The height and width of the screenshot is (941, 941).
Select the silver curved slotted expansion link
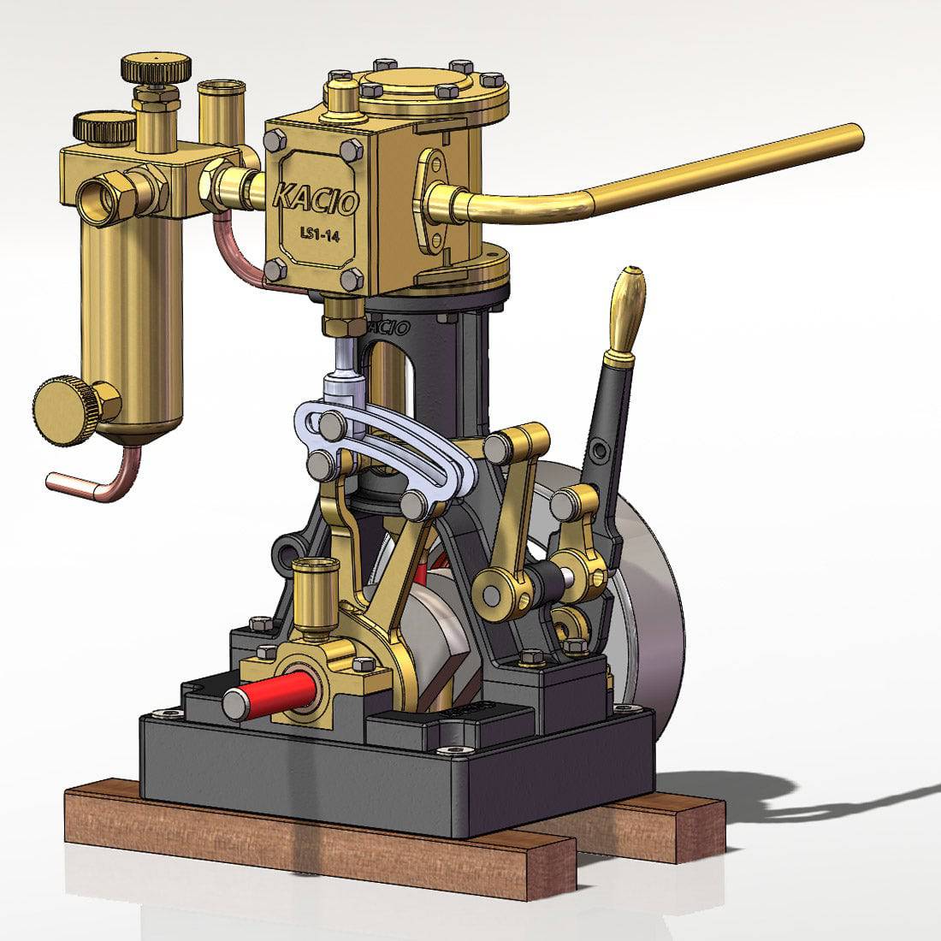(385, 445)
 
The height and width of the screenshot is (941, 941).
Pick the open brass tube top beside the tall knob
(221, 89)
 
